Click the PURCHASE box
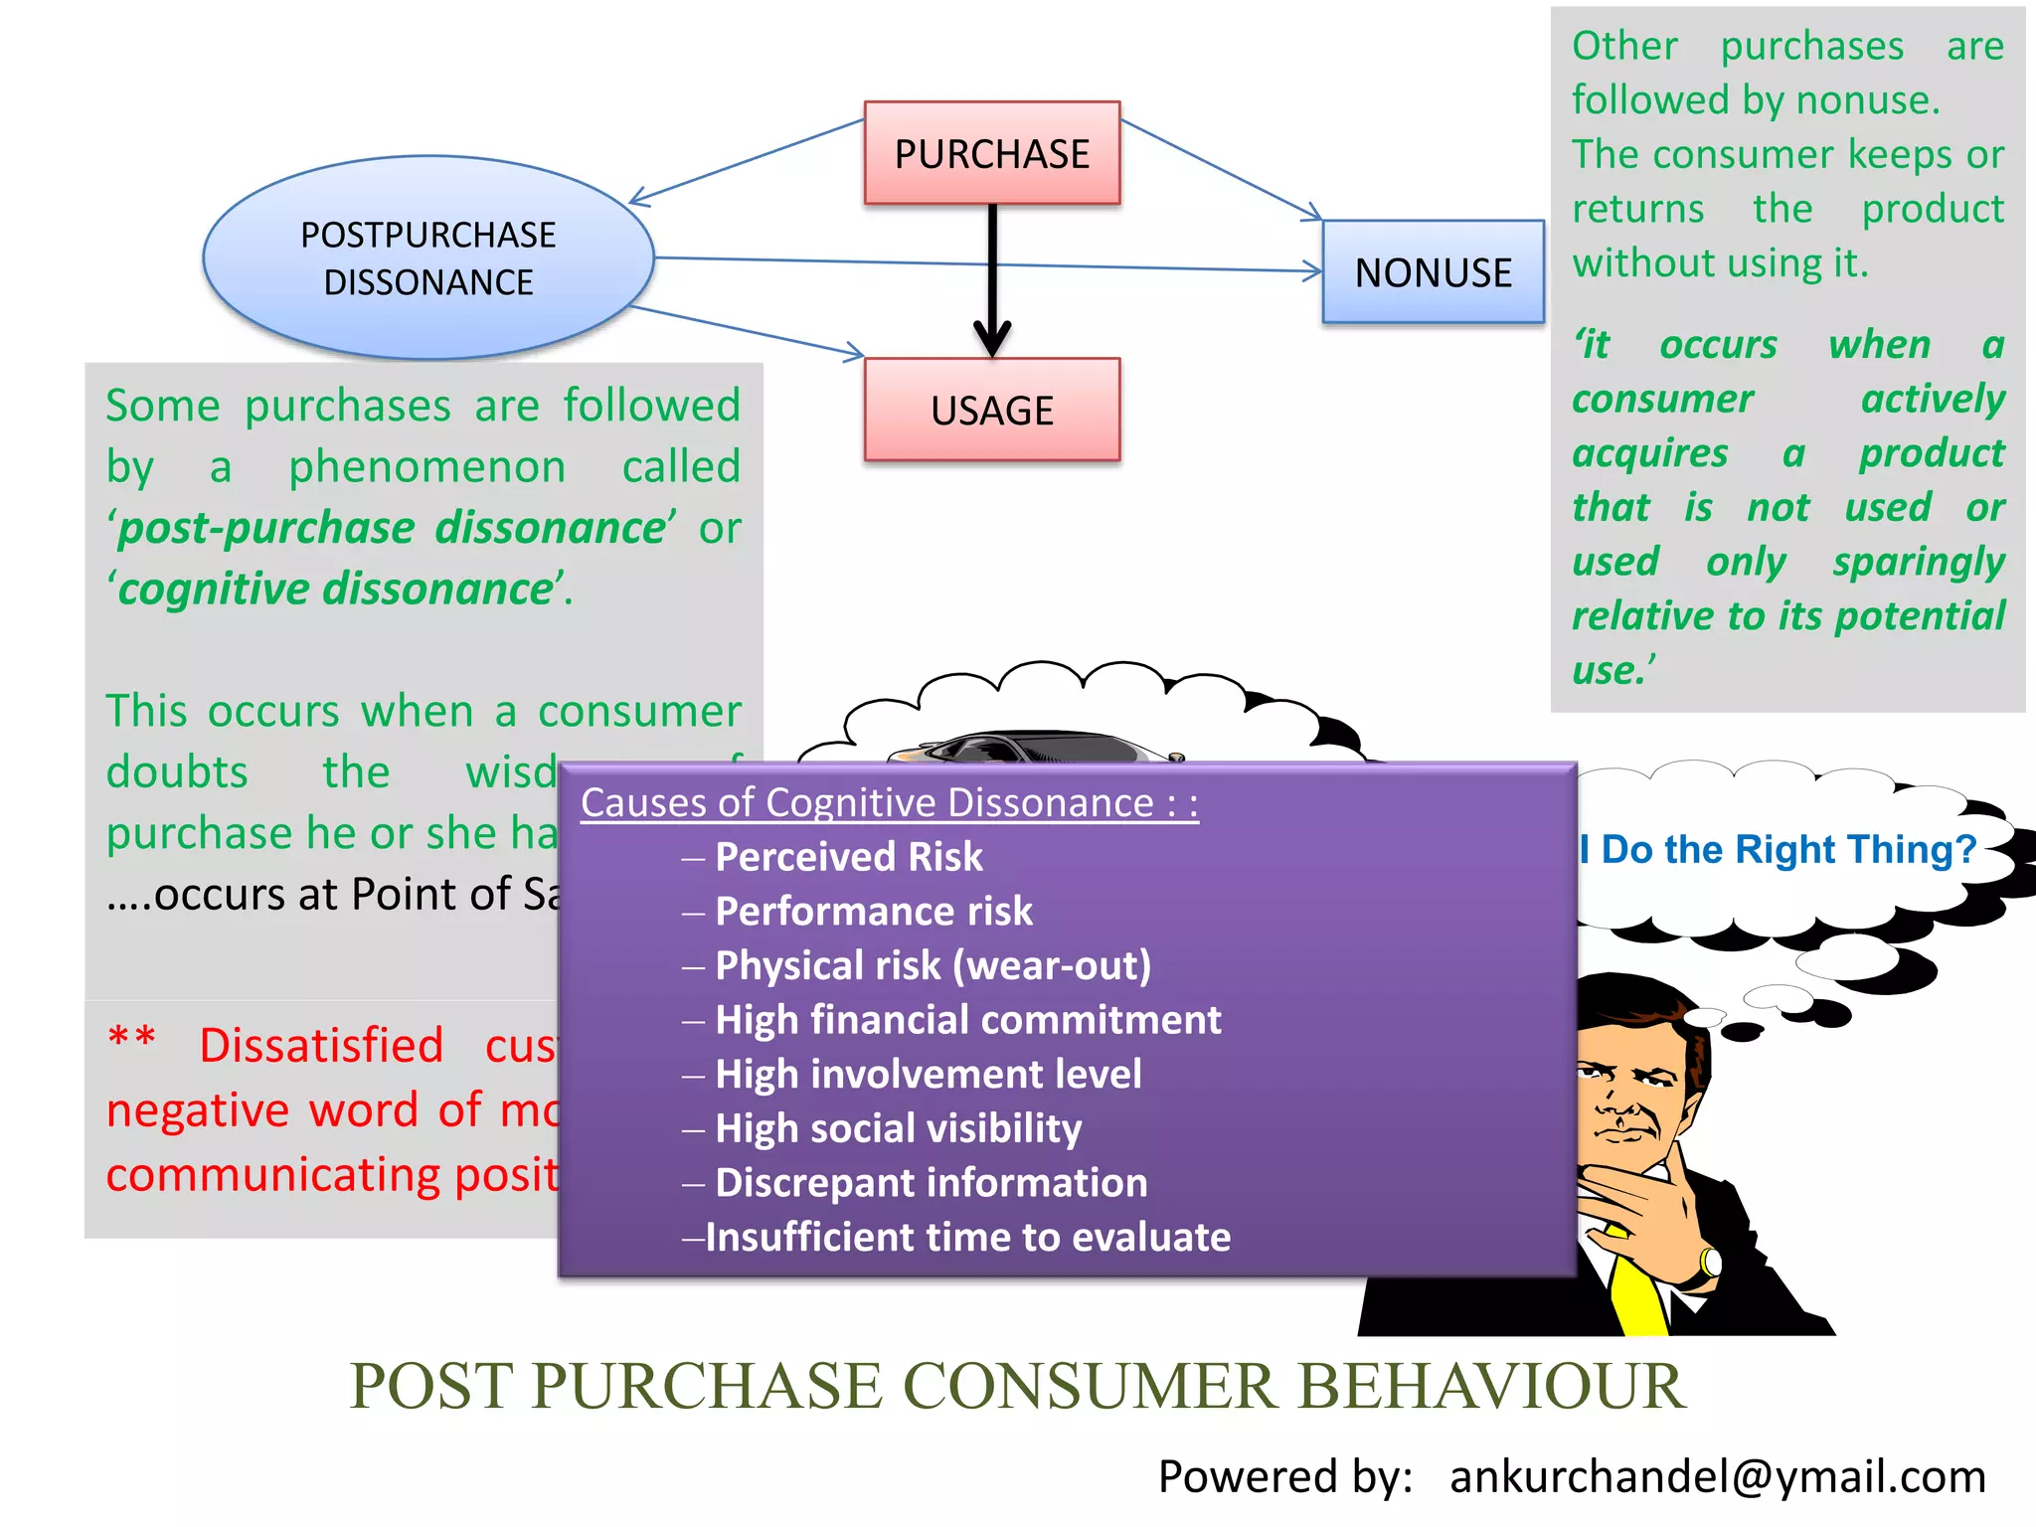click(992, 153)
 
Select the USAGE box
click(992, 410)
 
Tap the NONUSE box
click(1433, 272)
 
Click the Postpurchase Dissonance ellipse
click(428, 257)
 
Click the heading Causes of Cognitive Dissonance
click(889, 802)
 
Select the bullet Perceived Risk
click(848, 857)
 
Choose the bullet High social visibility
click(898, 1128)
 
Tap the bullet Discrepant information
click(931, 1183)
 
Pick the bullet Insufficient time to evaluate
click(967, 1238)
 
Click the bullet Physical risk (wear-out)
click(933, 965)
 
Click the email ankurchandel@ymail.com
click(1717, 1476)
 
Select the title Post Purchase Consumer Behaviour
click(1017, 1386)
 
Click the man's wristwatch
click(1710, 1263)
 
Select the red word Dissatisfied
click(321, 1046)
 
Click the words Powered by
click(1284, 1476)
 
